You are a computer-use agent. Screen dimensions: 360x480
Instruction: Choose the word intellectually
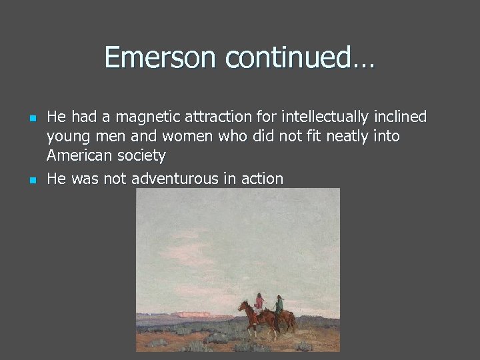[x=326, y=117]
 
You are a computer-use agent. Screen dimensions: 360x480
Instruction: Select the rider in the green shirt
[x=279, y=305]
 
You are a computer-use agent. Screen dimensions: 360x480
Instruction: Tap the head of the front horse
[x=243, y=307]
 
